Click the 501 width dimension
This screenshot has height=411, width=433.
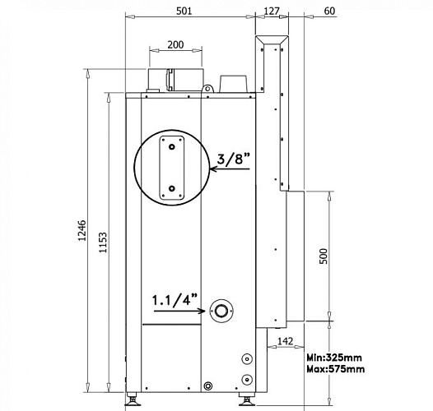(184, 10)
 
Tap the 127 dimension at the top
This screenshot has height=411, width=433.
(272, 10)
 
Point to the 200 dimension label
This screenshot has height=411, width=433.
(175, 43)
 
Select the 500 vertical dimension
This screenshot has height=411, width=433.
(324, 256)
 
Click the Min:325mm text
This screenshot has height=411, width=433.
(334, 358)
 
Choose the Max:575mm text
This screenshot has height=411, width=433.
(335, 370)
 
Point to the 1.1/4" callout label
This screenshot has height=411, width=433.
(175, 300)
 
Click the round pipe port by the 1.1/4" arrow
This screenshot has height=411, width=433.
(221, 312)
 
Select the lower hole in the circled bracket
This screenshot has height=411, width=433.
(171, 188)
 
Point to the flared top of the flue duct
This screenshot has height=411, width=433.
(272, 40)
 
